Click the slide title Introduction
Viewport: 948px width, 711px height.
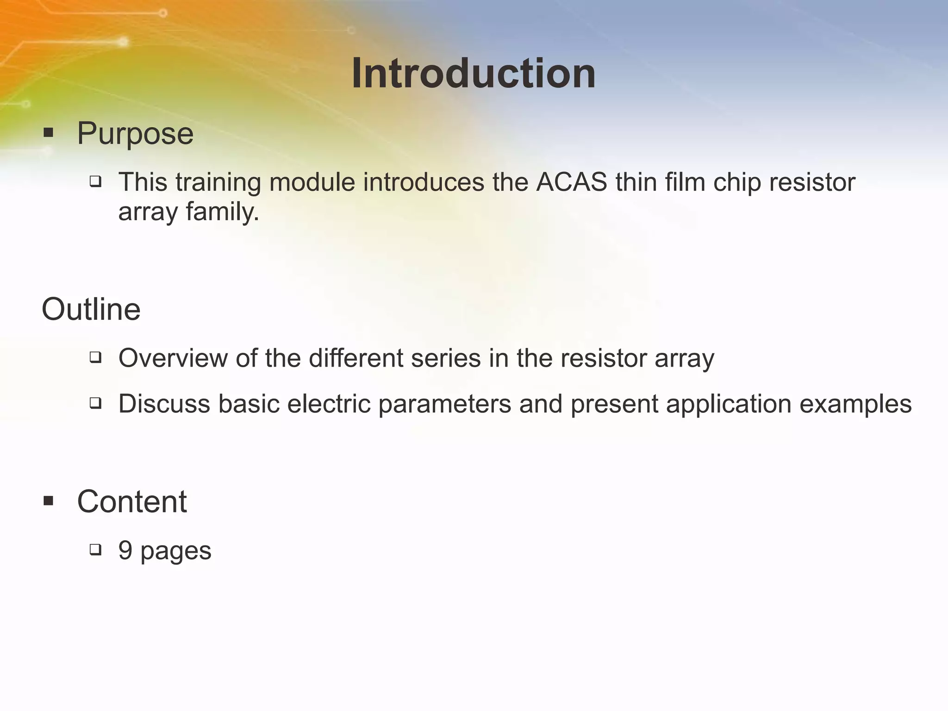click(474, 74)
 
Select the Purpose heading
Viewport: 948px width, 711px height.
click(135, 133)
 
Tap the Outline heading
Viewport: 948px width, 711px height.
click(91, 309)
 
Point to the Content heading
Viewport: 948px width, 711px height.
click(132, 501)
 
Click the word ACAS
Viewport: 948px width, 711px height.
click(572, 182)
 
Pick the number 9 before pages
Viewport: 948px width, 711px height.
click(125, 550)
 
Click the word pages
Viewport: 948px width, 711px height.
click(176, 552)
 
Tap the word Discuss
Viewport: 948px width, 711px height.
click(164, 404)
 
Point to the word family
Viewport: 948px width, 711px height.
click(223, 212)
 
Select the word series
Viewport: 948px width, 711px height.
click(446, 358)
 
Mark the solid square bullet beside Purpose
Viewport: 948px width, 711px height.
click(49, 133)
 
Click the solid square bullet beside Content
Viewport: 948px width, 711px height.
click(49, 501)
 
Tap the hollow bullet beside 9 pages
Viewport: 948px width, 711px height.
click(95, 549)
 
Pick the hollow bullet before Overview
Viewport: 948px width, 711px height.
click(95, 357)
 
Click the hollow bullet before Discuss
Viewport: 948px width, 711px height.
click(95, 403)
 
